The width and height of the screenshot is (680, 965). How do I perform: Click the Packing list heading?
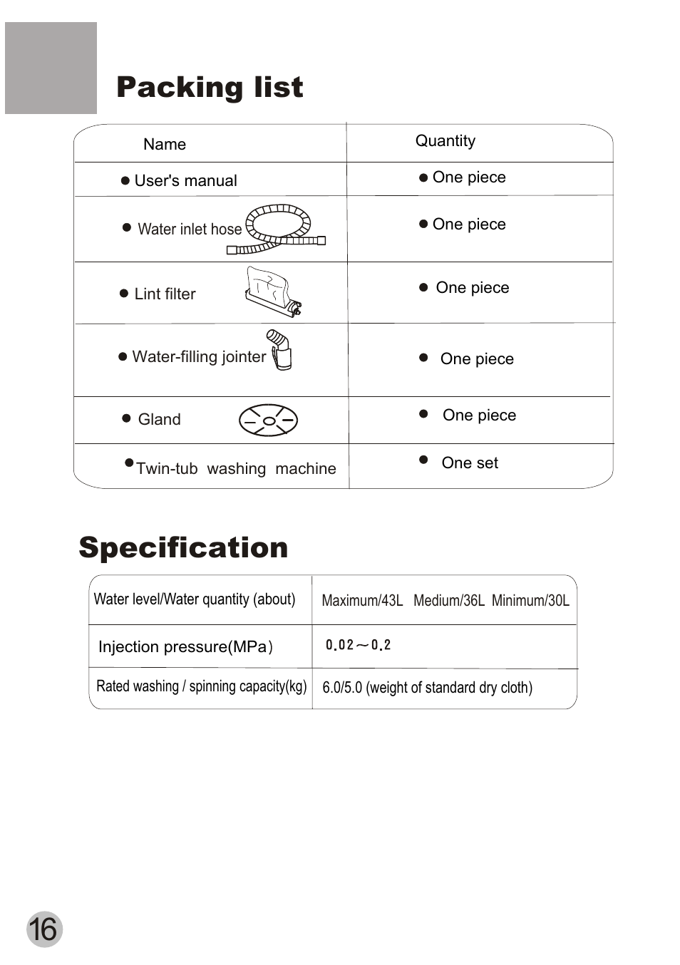click(210, 87)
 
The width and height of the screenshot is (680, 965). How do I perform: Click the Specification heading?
click(183, 547)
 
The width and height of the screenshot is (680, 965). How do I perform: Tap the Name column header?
click(165, 144)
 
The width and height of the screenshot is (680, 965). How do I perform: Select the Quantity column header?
click(445, 140)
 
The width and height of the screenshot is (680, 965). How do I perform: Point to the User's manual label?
click(185, 180)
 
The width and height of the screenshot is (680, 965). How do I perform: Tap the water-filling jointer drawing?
click(280, 349)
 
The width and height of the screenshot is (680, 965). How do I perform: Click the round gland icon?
click(268, 420)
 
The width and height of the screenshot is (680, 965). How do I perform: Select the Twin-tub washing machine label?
click(236, 468)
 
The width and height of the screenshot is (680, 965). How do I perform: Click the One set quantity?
click(470, 463)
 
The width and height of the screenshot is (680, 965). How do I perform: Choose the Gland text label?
click(159, 419)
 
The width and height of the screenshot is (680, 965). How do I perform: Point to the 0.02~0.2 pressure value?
click(358, 645)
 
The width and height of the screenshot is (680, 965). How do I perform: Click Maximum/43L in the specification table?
click(362, 600)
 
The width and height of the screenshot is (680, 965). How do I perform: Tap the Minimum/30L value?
click(530, 600)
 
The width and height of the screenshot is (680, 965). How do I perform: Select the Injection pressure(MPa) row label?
click(185, 646)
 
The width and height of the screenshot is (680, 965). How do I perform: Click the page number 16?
click(44, 929)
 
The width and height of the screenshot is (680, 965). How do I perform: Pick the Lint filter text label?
click(165, 294)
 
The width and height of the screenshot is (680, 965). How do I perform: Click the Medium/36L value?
click(448, 600)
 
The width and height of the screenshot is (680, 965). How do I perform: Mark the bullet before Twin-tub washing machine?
click(129, 463)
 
